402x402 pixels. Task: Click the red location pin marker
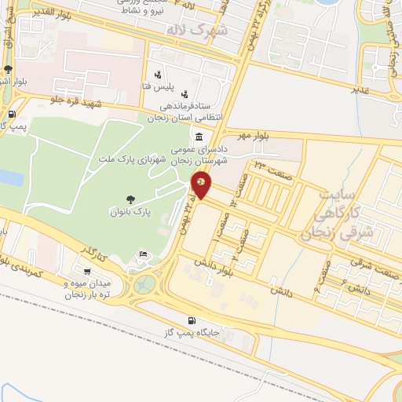tap(202, 185)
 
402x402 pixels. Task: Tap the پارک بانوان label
tap(130, 213)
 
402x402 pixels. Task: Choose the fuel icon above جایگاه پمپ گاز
tap(192, 320)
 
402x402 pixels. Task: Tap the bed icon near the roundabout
tap(142, 253)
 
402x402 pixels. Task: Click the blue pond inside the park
tap(10, 177)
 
